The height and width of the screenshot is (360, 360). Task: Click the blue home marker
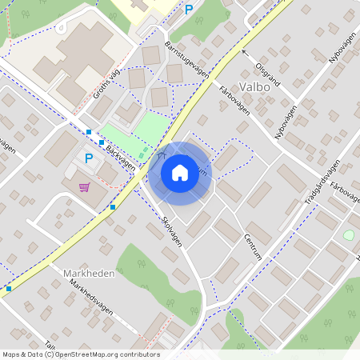[180, 172]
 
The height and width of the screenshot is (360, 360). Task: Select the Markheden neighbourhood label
[88, 273]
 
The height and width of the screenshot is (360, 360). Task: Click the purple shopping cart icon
[84, 186]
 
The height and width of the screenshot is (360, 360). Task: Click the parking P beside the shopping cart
[89, 158]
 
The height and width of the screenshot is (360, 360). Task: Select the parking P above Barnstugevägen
[190, 10]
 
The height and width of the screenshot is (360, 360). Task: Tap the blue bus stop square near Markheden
[9, 288]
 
